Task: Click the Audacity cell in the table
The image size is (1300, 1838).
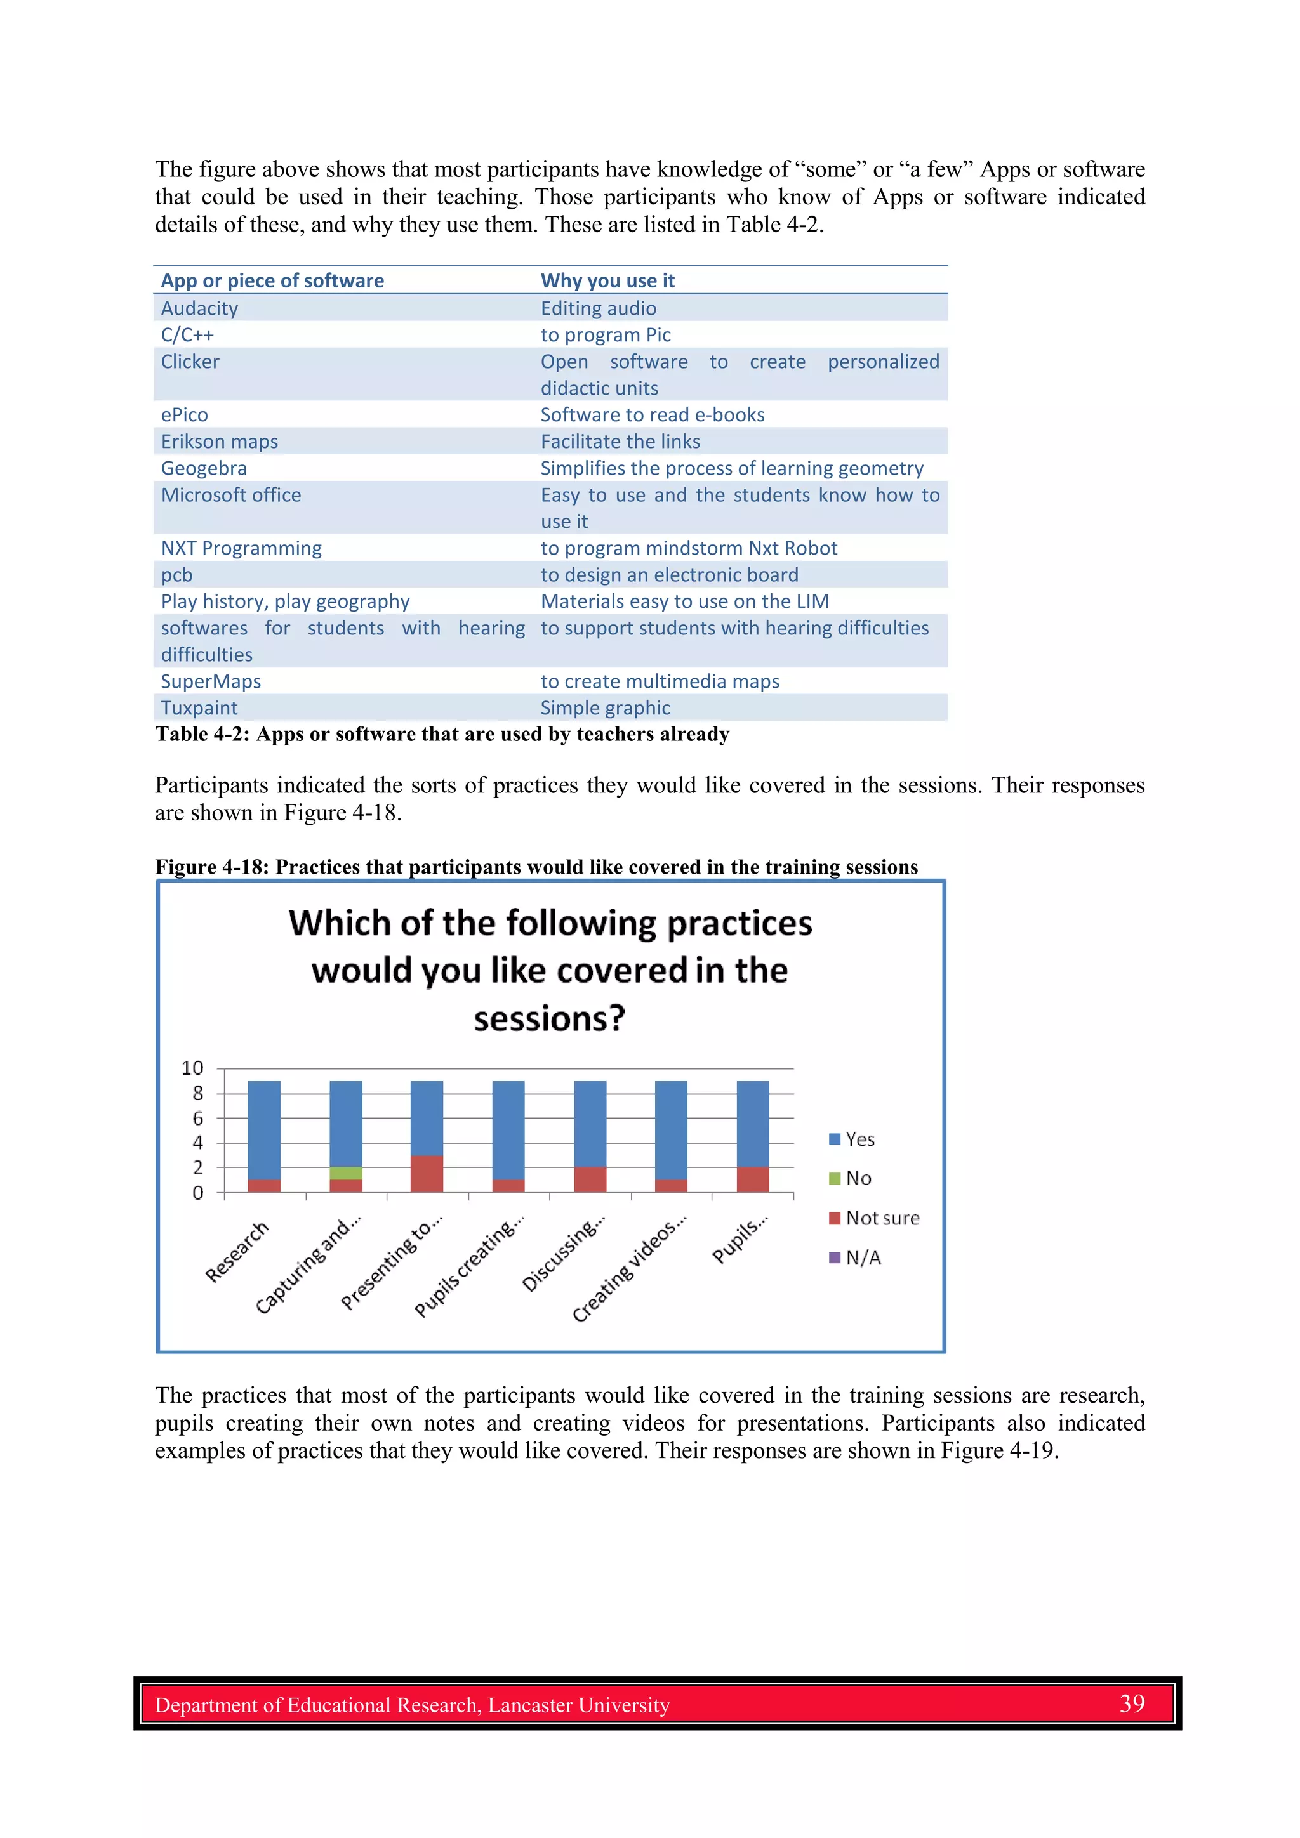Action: pyautogui.click(x=199, y=308)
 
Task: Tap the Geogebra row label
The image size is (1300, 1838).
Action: pyautogui.click(x=204, y=468)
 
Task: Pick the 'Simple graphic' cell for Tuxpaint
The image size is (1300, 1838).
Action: pyautogui.click(x=605, y=707)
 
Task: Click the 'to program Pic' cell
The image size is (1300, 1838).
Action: pyautogui.click(x=605, y=334)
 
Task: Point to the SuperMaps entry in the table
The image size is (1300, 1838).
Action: pyautogui.click(x=211, y=681)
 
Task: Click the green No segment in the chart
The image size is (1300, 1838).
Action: pyautogui.click(x=345, y=1172)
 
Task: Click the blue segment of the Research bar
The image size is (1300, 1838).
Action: pyautogui.click(x=263, y=1129)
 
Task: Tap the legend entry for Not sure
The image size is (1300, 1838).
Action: pyautogui.click(x=881, y=1218)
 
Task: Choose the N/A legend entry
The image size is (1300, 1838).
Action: pyautogui.click(x=863, y=1257)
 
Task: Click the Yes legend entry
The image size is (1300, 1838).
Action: pyautogui.click(x=859, y=1139)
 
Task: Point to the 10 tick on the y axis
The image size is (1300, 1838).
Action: pyautogui.click(x=192, y=1068)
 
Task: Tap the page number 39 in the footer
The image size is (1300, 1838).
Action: pyautogui.click(x=1131, y=1703)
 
